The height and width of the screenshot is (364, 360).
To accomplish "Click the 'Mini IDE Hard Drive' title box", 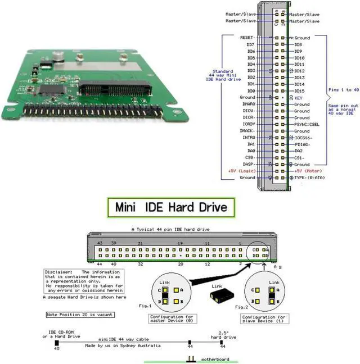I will coord(171,207).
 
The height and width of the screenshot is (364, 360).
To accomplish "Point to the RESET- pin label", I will coord(247,38).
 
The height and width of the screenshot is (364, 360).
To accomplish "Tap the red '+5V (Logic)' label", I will coord(242,171).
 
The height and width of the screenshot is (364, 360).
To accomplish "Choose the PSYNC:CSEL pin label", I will coord(307,124).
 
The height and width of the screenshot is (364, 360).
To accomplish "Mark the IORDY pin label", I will coord(247,124).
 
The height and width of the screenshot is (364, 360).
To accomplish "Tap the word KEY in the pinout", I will coord(299,98).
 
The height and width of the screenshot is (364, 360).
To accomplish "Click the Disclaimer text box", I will coord(84,281).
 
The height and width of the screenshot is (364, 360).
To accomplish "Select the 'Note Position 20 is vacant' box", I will coord(80,315).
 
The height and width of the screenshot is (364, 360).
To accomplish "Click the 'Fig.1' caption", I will coord(145,306).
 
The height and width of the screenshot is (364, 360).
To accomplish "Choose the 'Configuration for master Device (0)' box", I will coord(171,319).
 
